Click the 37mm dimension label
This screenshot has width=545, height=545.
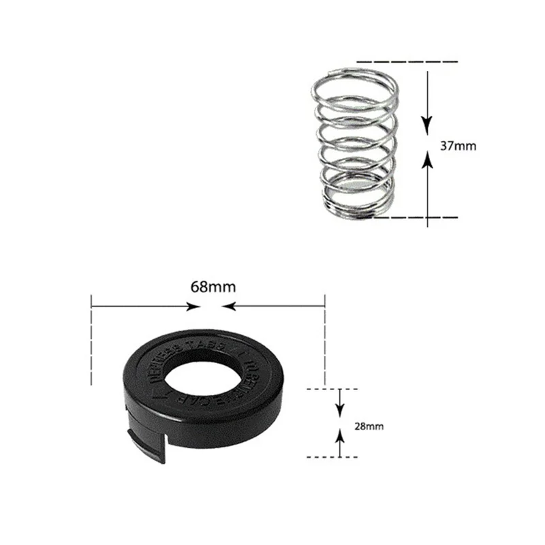454,145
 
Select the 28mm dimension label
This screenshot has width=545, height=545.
369,426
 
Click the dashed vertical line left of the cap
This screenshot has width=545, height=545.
91,341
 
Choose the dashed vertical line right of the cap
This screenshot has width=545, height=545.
325,341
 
